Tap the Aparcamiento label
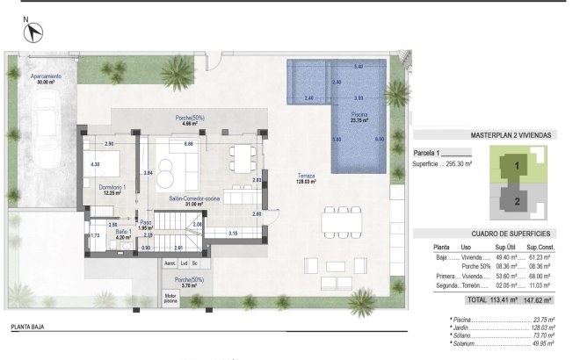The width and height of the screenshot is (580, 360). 46,77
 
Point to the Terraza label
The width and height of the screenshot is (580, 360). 306,176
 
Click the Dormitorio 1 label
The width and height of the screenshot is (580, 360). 112,188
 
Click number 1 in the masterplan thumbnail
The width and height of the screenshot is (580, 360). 518,165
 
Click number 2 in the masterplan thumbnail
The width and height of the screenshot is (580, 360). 518,200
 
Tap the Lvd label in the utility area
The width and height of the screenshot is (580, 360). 184,262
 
